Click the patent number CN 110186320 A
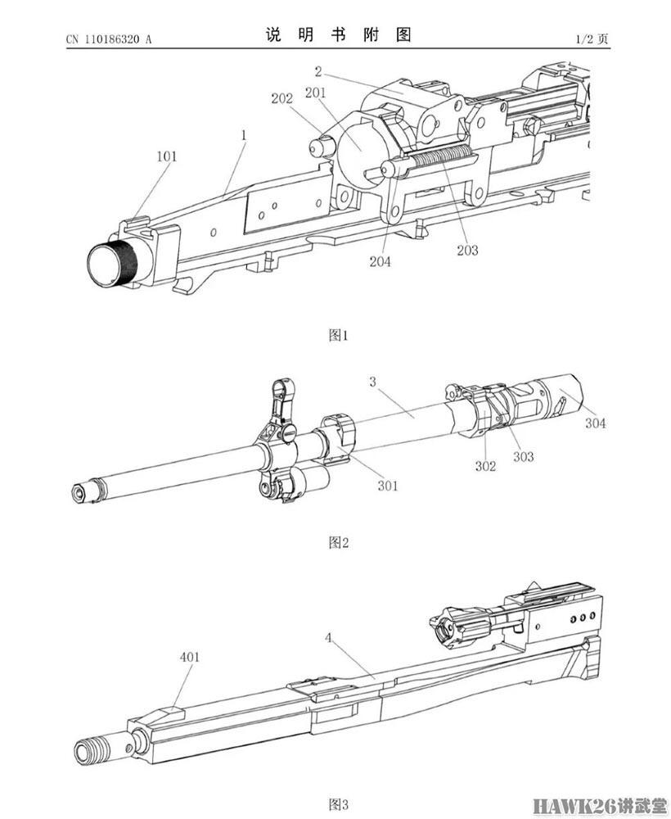coord(109,38)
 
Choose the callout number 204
coord(380,262)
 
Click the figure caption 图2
coord(338,542)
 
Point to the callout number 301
coord(388,486)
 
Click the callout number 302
coord(486,466)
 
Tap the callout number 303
coord(523,456)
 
